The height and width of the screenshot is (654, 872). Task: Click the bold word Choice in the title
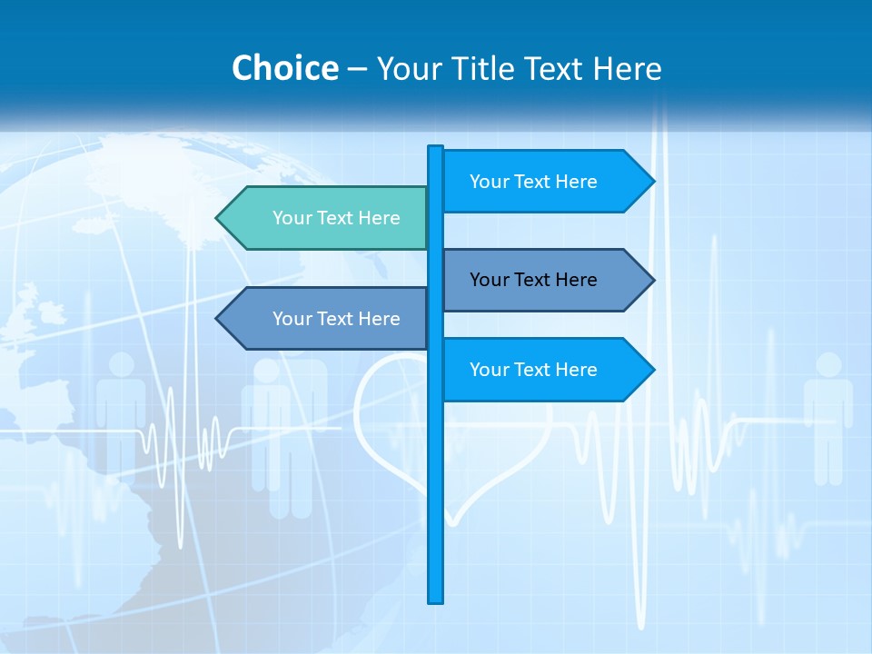tap(284, 68)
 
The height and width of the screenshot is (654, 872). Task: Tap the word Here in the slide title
tap(627, 68)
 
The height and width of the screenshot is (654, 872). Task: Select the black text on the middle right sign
tap(533, 280)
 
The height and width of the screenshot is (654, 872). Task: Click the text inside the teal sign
tap(336, 218)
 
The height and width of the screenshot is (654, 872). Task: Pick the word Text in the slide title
tap(555, 68)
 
